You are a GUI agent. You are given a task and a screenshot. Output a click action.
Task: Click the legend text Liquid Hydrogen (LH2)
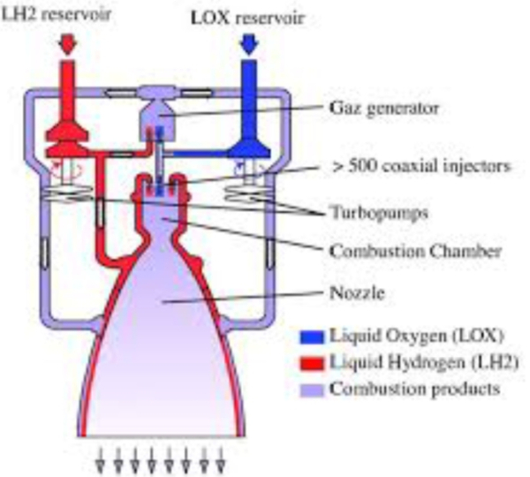tap(406, 361)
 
